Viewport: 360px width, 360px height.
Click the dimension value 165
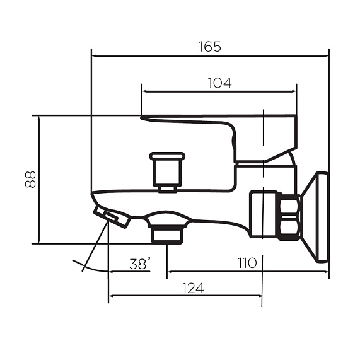point(209,47)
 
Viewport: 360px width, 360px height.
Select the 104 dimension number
point(219,83)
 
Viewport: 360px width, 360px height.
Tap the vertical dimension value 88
point(30,180)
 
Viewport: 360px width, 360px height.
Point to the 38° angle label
point(140,264)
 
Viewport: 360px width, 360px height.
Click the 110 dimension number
point(247,263)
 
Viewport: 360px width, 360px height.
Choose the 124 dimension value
point(193,288)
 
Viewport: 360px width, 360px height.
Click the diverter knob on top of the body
point(167,171)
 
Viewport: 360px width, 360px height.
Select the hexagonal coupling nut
point(290,217)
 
